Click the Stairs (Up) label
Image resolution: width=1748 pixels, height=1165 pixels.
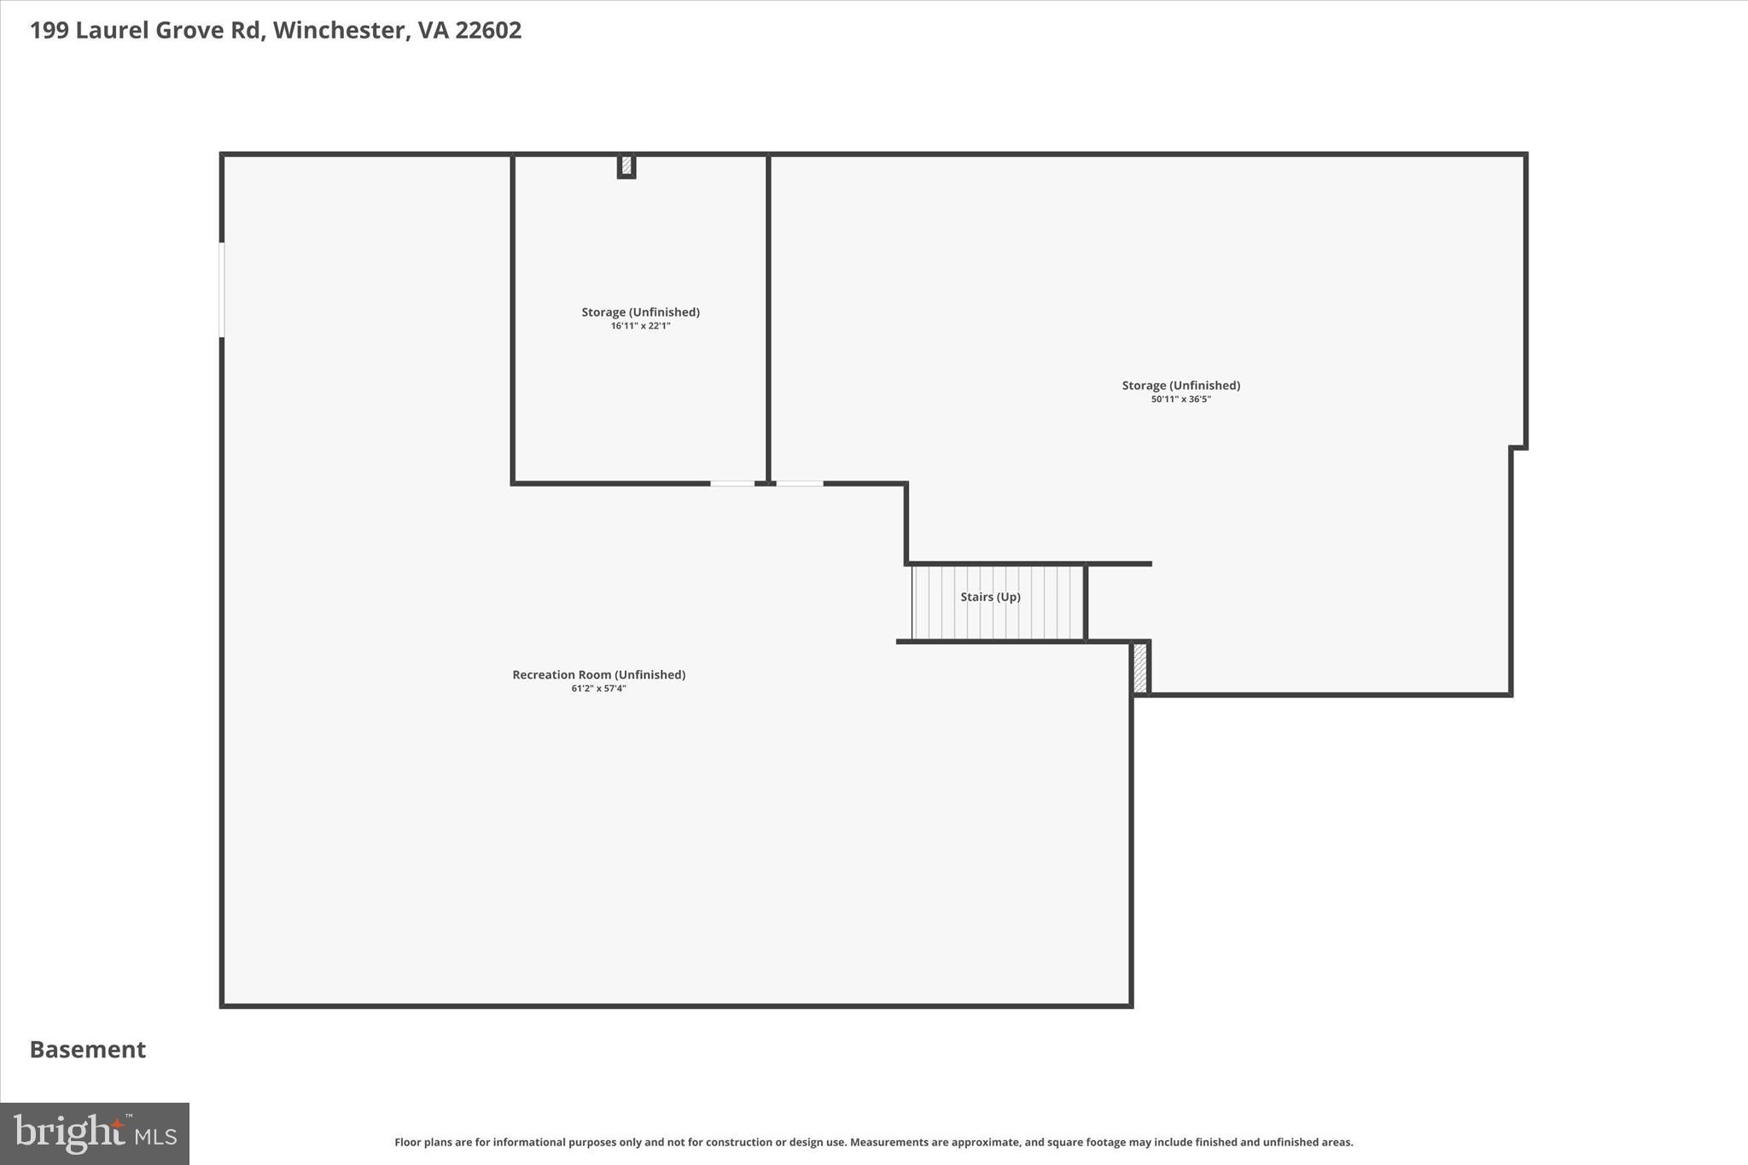coord(990,597)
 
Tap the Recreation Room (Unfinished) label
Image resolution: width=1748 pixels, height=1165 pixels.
coord(598,674)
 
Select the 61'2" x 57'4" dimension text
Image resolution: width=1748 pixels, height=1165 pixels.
coord(598,689)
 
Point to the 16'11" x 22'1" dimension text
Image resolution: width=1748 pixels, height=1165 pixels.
coord(640,326)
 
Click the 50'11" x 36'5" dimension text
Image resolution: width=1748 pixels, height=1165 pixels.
coord(1180,399)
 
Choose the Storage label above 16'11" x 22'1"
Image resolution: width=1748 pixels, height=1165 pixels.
coord(640,312)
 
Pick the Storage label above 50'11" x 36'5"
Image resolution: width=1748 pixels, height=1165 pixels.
coord(1180,386)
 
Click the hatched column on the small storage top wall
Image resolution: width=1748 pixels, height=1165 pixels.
coord(626,165)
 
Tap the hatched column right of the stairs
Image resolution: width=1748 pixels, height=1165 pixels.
coord(1140,668)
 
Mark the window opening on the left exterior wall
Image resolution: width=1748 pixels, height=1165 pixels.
coord(222,289)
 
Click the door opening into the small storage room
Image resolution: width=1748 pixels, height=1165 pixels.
coord(732,484)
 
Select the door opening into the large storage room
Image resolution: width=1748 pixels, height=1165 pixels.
coord(799,484)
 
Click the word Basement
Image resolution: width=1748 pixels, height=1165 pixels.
coord(88,1050)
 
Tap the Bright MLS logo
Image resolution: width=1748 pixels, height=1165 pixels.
coord(95,1133)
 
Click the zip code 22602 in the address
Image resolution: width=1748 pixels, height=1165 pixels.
coord(488,31)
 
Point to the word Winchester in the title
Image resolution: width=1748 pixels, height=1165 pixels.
coord(338,31)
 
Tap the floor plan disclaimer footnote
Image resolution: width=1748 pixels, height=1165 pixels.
coord(873,1142)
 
